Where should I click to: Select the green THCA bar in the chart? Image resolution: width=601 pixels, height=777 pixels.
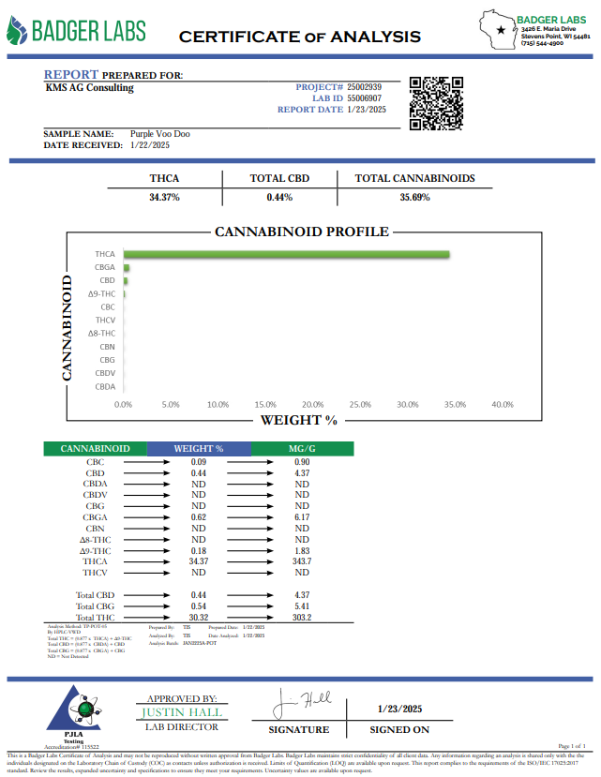(286, 254)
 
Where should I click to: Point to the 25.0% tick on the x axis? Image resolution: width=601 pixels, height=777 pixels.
(360, 405)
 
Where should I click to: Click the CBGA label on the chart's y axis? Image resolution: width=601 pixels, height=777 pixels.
(105, 267)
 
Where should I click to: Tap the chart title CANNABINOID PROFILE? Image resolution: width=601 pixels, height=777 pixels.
(301, 232)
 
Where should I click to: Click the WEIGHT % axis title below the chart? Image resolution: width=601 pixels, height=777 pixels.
(298, 420)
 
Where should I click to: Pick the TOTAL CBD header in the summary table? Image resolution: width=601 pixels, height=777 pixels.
(279, 178)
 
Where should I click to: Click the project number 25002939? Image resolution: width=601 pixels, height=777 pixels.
(364, 86)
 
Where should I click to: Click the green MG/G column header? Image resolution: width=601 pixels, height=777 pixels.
(303, 449)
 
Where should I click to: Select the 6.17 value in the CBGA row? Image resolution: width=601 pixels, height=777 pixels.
(303, 517)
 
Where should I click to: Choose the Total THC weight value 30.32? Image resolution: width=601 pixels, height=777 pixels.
(198, 618)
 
